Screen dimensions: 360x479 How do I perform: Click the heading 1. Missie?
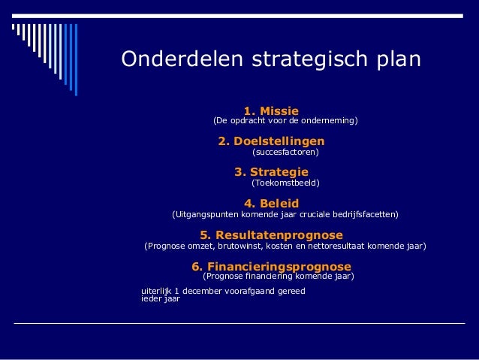click(x=271, y=110)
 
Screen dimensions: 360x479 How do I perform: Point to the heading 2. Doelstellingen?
click(x=271, y=141)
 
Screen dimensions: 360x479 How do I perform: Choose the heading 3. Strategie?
click(x=271, y=172)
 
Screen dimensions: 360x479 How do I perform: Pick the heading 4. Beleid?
click(x=271, y=204)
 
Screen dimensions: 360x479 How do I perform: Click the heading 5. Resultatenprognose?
click(x=271, y=235)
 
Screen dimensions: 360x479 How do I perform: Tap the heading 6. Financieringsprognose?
click(x=271, y=267)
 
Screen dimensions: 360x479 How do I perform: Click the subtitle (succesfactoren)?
click(x=285, y=153)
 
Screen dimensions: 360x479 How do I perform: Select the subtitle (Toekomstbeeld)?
click(x=285, y=183)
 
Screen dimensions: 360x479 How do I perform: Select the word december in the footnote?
click(x=209, y=291)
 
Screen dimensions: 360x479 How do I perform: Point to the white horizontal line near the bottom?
click(x=240, y=322)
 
